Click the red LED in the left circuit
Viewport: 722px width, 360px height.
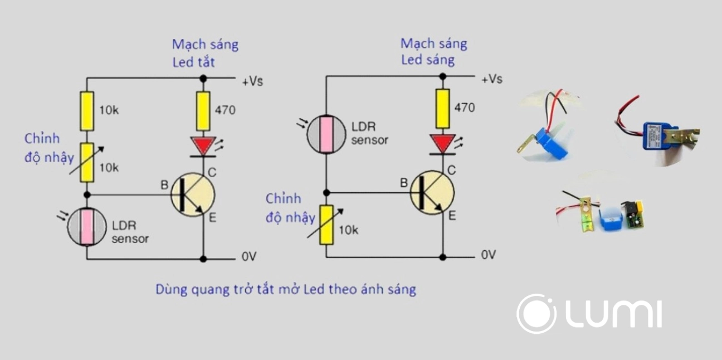coord(203,145)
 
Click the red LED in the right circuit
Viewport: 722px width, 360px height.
coord(443,143)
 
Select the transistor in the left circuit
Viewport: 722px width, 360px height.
coord(193,194)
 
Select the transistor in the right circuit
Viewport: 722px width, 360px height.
coord(432,192)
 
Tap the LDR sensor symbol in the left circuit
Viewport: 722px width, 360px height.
coord(86,226)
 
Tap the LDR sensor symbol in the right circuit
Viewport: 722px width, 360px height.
coord(326,134)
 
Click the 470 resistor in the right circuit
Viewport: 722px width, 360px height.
coord(443,108)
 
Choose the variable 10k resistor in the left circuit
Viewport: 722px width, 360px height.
coord(86,162)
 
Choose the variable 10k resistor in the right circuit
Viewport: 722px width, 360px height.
coord(326,225)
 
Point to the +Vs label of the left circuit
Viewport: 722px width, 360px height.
coord(252,81)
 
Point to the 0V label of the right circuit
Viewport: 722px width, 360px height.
coord(488,255)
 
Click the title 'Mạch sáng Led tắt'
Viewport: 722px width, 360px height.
coord(204,53)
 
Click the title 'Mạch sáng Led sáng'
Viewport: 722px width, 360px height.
coord(433,51)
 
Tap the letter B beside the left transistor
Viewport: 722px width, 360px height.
coord(164,184)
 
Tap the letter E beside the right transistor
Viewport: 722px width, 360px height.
coord(452,216)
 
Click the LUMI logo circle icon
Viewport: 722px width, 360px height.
coord(536,314)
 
